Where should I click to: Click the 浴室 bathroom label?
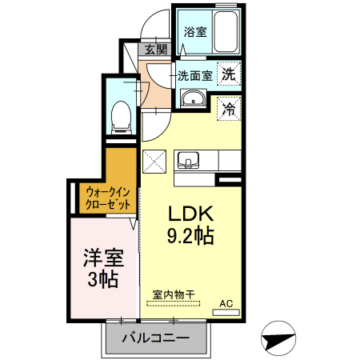pos(195,32)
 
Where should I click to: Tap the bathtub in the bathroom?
pos(226,31)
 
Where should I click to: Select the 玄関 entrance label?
pos(156,50)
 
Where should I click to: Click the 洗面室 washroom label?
pos(195,76)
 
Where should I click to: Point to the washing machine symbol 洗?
pos(229,74)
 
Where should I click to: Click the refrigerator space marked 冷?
pos(229,109)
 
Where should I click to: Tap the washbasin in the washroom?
pos(194,98)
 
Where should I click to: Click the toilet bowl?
pos(121,118)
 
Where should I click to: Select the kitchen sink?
pos(188,160)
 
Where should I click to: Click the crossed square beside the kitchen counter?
pos(154,162)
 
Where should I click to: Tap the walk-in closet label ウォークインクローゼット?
pos(108,198)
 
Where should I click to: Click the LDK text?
pos(191,214)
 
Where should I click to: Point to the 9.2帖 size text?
pos(190,236)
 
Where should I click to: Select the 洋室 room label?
pos(103,258)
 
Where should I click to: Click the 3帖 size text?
pos(103,279)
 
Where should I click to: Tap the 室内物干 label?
pos(174,295)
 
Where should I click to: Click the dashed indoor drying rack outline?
pos(173,303)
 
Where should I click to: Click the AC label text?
pos(226,303)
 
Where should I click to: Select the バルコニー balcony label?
pos(156,338)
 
